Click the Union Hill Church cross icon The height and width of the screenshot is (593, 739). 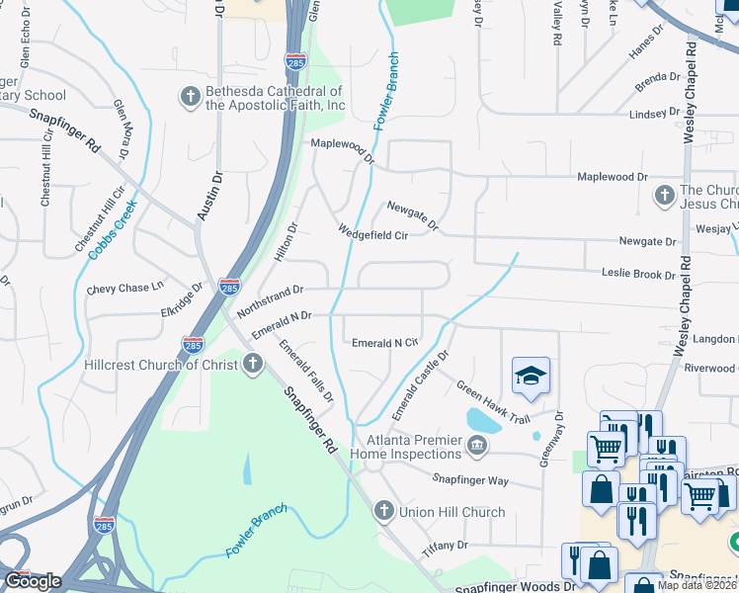(x=384, y=511)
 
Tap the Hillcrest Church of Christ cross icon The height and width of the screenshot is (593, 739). (x=252, y=365)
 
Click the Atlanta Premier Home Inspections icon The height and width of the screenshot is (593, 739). (x=477, y=448)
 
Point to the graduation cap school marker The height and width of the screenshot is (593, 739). (x=531, y=377)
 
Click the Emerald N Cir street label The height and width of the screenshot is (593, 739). (x=385, y=343)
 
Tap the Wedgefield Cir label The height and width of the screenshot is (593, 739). (x=373, y=235)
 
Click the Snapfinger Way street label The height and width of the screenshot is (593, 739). (x=470, y=480)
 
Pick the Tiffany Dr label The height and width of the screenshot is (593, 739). (x=447, y=545)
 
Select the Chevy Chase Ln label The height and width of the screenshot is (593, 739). (x=125, y=289)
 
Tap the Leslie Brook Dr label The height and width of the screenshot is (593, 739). (x=638, y=274)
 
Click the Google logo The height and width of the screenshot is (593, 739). (x=33, y=581)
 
